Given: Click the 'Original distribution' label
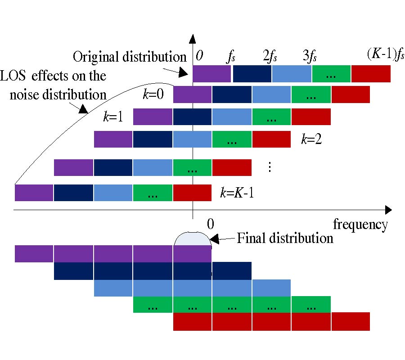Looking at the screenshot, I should [130, 57].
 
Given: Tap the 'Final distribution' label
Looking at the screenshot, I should [285, 238].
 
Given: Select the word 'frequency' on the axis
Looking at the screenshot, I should [360, 224].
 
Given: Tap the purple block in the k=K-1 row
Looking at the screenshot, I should [34, 193].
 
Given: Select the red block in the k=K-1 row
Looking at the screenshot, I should [192, 193].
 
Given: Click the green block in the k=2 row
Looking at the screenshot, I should [232, 139].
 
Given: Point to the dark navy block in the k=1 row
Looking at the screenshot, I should [192, 117].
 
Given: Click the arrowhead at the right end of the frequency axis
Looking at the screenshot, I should [387, 210].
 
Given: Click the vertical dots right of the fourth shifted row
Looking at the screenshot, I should [270, 167].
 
